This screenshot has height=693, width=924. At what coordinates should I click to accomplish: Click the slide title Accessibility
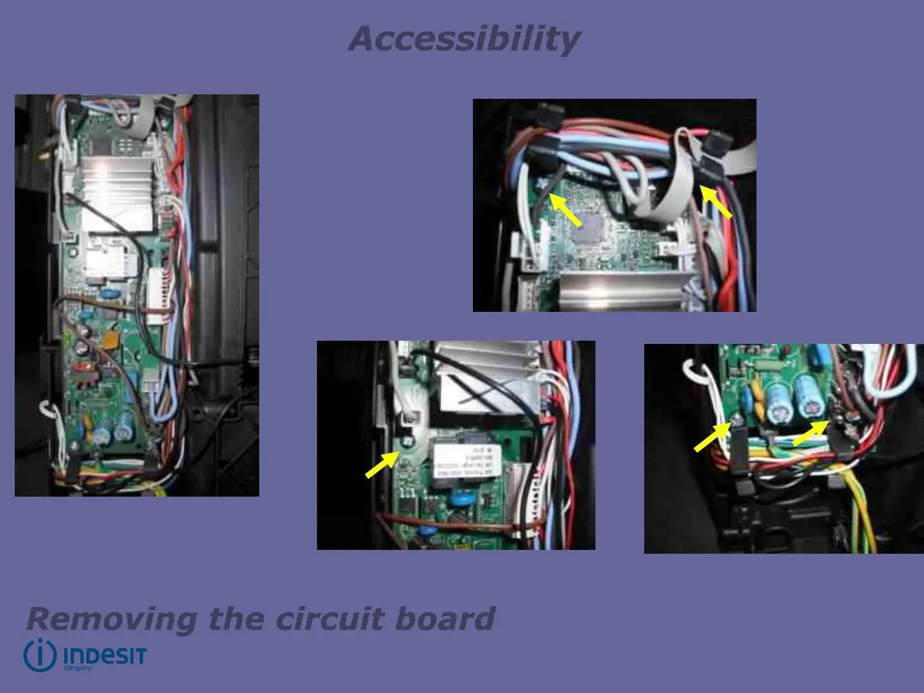click(464, 38)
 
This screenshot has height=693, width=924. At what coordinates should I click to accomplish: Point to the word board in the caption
click(444, 619)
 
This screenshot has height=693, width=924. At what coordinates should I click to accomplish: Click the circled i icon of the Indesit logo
click(40, 655)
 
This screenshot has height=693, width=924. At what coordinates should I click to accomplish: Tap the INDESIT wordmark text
click(105, 656)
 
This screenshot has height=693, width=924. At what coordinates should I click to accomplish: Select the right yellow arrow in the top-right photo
click(715, 202)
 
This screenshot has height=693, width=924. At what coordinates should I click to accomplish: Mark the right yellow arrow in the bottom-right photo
click(810, 433)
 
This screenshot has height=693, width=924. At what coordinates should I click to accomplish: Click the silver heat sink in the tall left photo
click(116, 193)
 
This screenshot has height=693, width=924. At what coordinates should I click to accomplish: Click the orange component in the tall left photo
click(112, 339)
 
